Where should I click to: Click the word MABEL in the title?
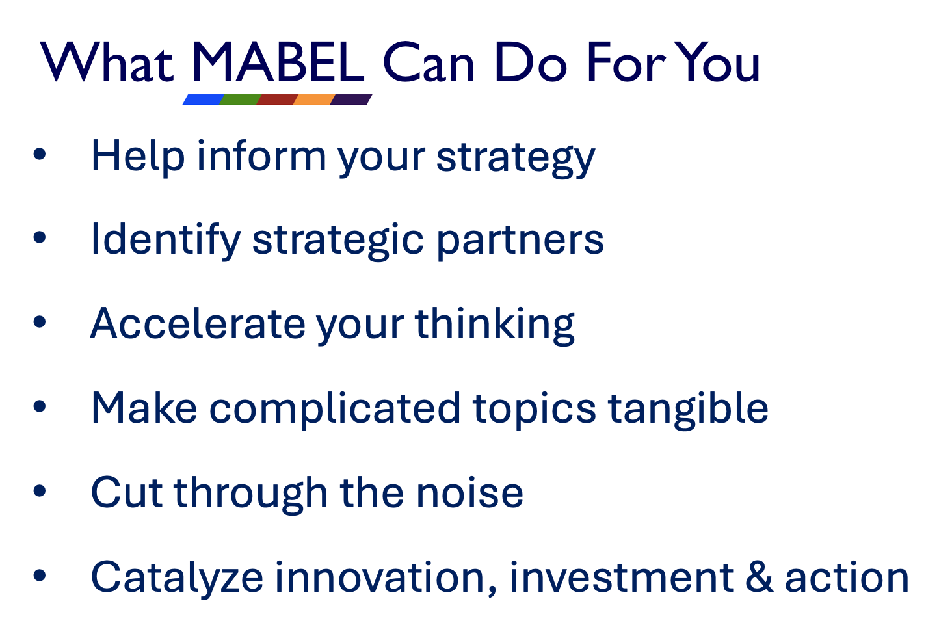(x=278, y=62)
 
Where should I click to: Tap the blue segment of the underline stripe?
(x=203, y=99)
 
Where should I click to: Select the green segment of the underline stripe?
(x=240, y=99)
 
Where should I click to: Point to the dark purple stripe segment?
(x=352, y=99)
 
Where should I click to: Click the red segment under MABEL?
(x=277, y=99)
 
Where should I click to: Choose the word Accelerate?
(x=198, y=324)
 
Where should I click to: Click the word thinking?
(x=495, y=325)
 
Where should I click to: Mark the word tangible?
(x=689, y=410)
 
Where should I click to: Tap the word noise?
(x=470, y=493)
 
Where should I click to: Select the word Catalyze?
(x=177, y=579)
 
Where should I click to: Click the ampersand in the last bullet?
(x=759, y=577)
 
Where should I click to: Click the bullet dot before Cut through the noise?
(x=40, y=491)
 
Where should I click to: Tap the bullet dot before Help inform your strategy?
(x=40, y=153)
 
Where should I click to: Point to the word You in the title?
(x=717, y=62)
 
